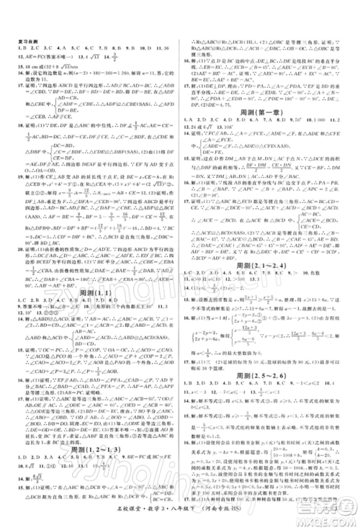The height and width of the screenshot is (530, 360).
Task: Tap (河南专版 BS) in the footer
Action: tap(217, 516)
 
